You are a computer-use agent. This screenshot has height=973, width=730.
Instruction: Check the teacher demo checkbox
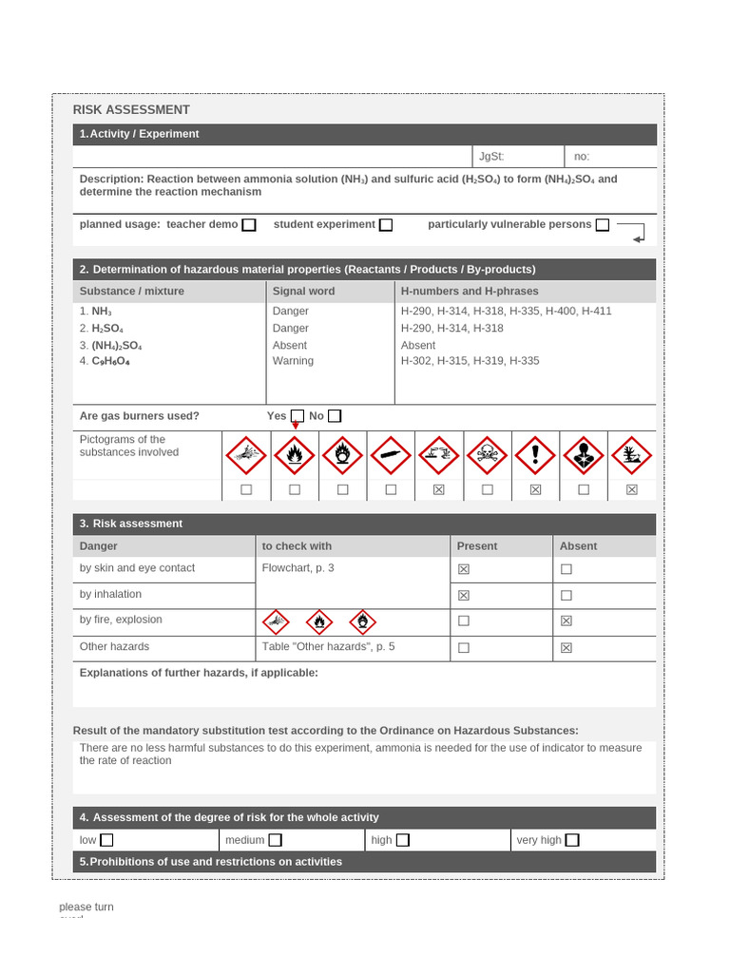click(x=249, y=225)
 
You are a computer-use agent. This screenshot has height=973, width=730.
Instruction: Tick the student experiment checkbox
click(x=386, y=225)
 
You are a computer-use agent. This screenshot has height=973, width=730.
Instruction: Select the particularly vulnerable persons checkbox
click(x=603, y=225)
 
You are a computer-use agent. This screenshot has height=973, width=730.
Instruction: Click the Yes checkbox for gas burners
click(x=298, y=416)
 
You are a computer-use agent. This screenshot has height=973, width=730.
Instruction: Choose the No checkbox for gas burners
click(x=335, y=416)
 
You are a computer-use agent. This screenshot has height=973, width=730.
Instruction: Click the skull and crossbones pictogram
click(x=488, y=456)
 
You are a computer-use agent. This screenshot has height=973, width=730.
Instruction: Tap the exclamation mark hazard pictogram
click(x=535, y=456)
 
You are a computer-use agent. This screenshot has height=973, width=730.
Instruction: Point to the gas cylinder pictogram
click(x=391, y=456)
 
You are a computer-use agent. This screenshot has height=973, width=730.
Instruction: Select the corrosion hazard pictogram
click(x=439, y=456)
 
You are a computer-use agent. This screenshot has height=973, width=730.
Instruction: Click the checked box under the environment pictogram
click(x=632, y=489)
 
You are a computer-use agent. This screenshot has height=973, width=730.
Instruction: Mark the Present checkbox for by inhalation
click(x=464, y=596)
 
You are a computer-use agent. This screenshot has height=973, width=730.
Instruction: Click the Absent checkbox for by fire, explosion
click(x=567, y=620)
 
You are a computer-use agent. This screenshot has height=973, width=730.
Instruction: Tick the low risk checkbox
click(x=106, y=840)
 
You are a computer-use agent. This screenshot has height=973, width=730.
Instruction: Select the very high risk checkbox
click(x=572, y=840)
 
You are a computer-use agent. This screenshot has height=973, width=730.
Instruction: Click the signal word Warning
click(x=293, y=361)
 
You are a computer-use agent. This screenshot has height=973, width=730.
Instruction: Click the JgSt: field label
click(x=491, y=157)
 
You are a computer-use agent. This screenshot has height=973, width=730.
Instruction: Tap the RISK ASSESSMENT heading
click(x=131, y=110)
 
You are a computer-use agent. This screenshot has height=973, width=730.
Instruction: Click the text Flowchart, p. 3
click(x=298, y=568)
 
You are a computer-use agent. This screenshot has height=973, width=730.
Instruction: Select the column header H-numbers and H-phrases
click(x=470, y=291)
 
